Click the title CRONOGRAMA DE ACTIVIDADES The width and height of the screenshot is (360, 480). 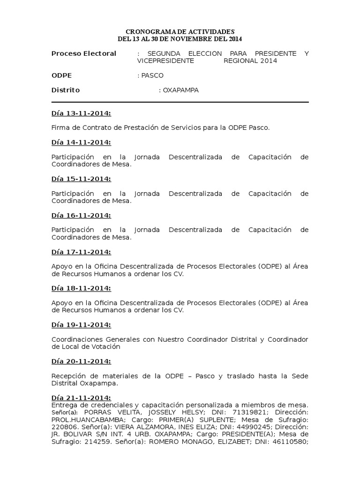180,31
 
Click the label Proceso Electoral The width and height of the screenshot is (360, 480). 83,53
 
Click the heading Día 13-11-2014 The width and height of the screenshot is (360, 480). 81,113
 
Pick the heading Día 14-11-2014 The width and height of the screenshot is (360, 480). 81,142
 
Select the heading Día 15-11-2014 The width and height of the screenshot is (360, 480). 81,179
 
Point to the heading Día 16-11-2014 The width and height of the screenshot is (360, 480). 81,215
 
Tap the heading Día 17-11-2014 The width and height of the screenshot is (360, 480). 81,252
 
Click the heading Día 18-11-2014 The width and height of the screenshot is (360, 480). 81,288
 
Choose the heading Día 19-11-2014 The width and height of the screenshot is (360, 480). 81,325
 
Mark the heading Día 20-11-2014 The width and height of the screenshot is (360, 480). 81,361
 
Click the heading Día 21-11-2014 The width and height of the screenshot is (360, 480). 81,398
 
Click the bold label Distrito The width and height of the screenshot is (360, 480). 66,90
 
